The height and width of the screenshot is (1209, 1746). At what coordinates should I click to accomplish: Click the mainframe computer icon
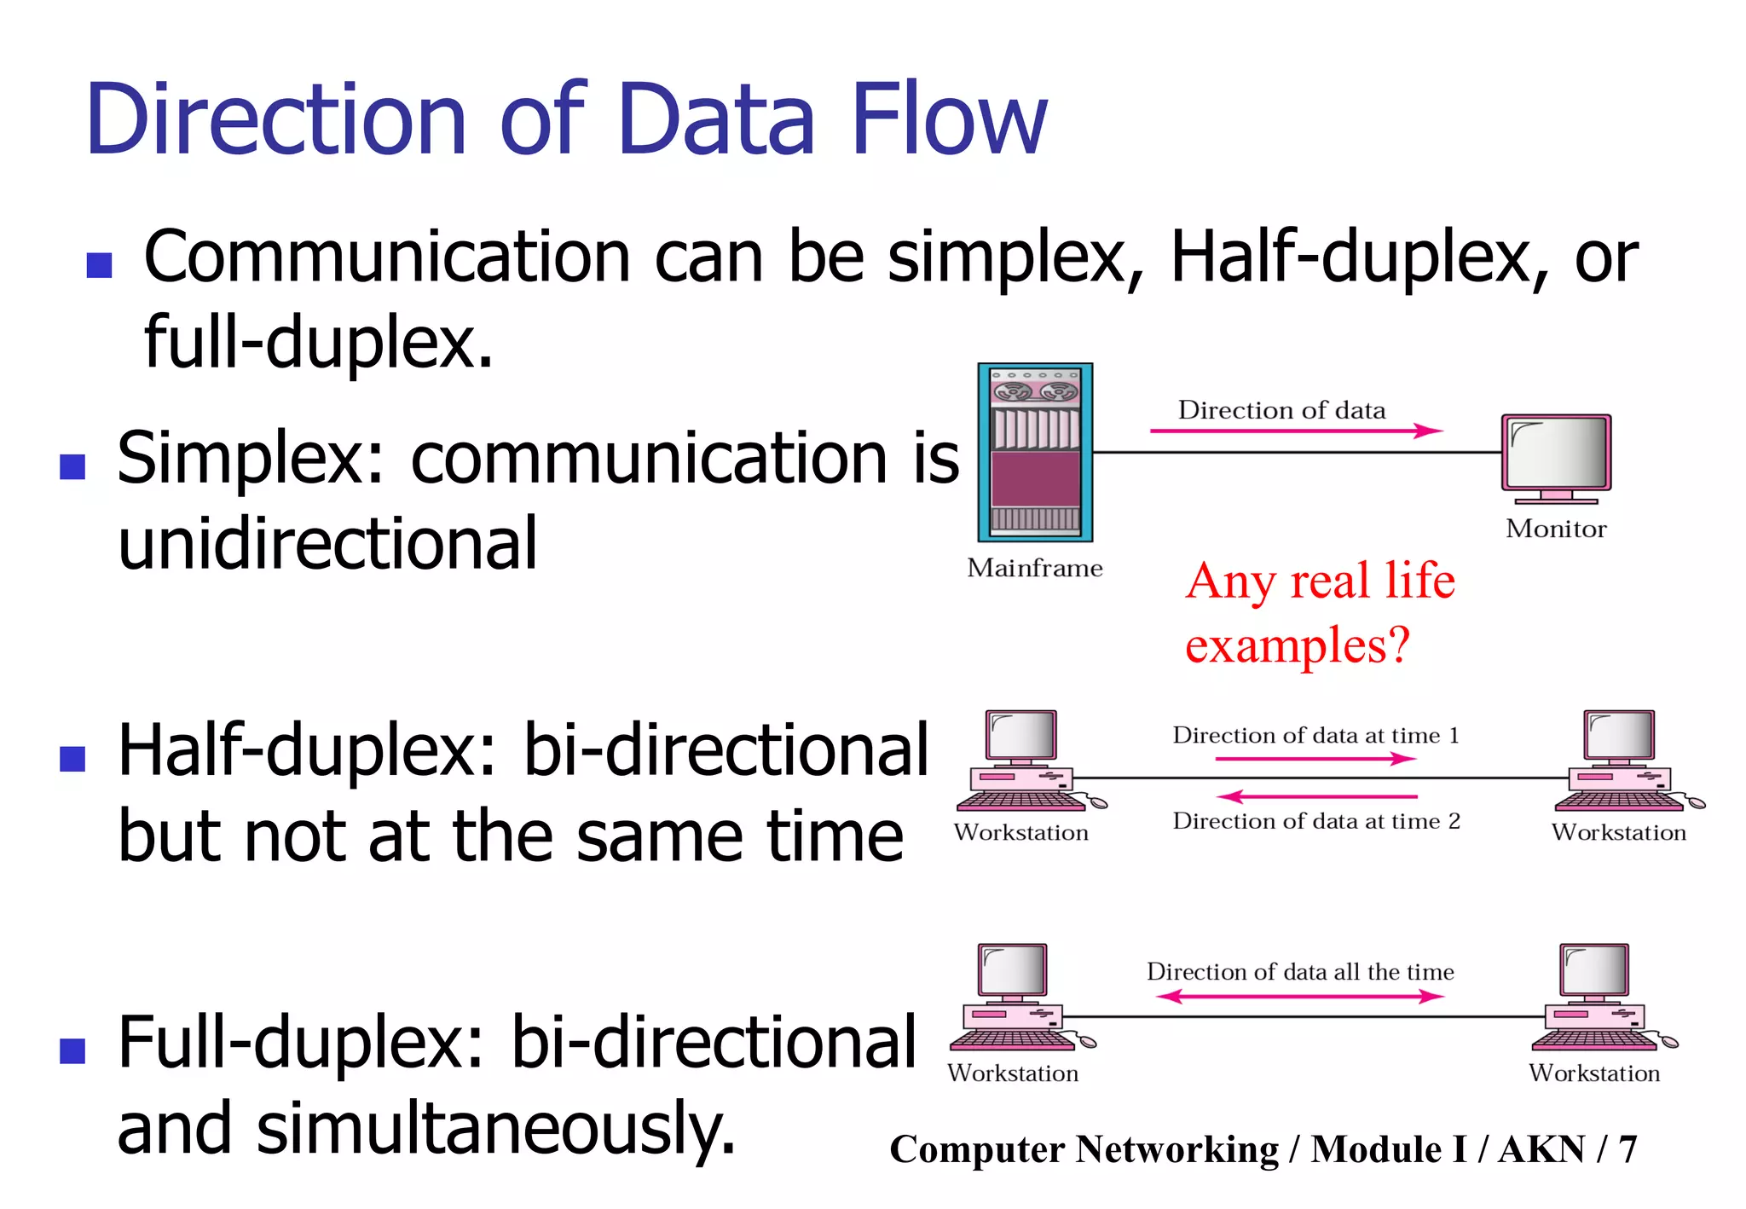coord(1035,452)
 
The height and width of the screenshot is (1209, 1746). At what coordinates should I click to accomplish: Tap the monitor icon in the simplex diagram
coord(1556,456)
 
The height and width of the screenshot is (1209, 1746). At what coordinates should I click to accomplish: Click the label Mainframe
coord(1034,568)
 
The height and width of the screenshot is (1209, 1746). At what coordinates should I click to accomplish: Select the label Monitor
coord(1556,529)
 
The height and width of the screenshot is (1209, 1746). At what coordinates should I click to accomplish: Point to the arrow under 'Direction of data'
coord(1296,431)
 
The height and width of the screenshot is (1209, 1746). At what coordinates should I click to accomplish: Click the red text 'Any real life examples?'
coord(1319,612)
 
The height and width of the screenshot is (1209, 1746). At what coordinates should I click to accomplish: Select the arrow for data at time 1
coord(1315,758)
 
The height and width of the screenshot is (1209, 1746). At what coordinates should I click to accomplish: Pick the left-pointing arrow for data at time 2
coord(1315,796)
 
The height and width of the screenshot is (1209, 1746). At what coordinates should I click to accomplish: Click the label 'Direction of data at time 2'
coord(1315,821)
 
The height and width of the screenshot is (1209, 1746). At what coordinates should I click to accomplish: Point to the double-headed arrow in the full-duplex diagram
coord(1299,996)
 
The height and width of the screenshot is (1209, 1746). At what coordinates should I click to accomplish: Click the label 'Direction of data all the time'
coord(1299,972)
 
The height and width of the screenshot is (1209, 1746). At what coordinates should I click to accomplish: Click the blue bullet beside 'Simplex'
coord(73,466)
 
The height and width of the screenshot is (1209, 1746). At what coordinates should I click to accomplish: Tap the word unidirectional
coord(327,543)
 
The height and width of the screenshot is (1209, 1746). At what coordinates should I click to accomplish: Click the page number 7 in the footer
coord(1627,1149)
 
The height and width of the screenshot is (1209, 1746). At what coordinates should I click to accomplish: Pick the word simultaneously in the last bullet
coord(494,1128)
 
